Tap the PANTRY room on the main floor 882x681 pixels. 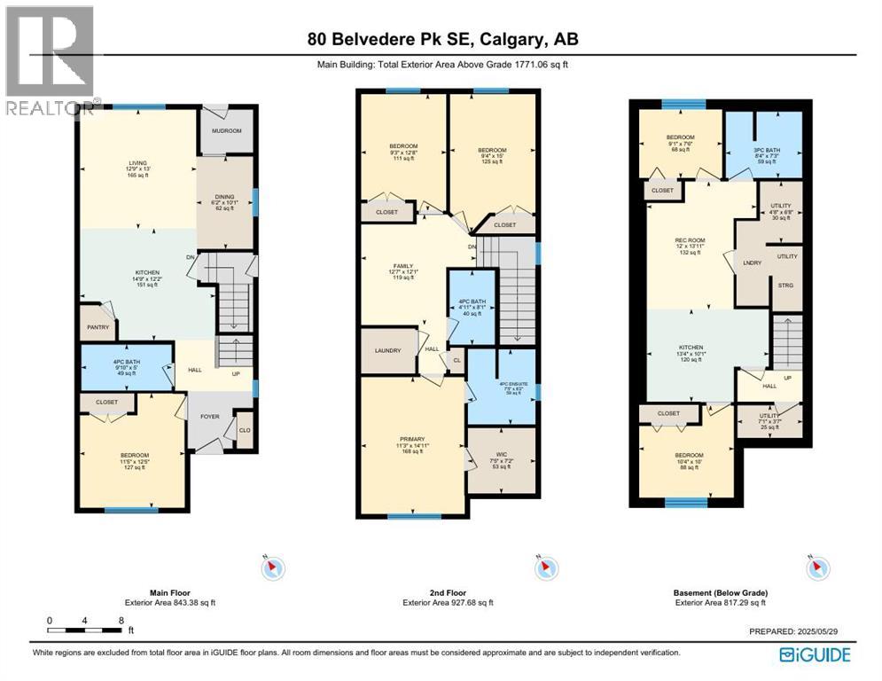pyautogui.click(x=98, y=327)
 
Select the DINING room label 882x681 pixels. pyautogui.click(x=224, y=198)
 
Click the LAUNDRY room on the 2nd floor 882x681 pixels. pyautogui.click(x=388, y=351)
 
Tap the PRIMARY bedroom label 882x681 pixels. pyautogui.click(x=412, y=439)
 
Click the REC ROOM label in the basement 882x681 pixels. pyautogui.click(x=689, y=241)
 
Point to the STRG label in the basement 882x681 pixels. pyautogui.click(x=786, y=286)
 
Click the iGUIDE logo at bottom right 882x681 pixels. pyautogui.click(x=814, y=654)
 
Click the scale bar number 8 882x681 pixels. pyautogui.click(x=121, y=620)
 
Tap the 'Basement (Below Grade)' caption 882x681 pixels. pyautogui.click(x=720, y=592)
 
